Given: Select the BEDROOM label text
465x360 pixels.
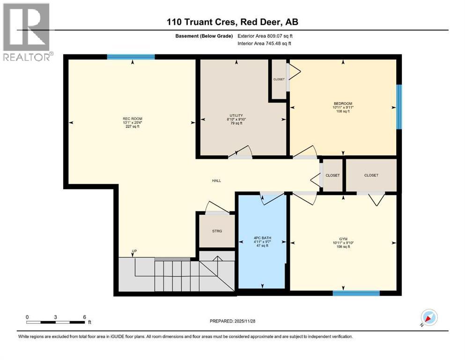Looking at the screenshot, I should pos(343,104).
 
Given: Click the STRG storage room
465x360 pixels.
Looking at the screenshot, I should pos(216,231).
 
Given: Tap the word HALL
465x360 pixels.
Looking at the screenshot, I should pos(216,180).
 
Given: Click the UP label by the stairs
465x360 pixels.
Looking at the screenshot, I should pos(134,252).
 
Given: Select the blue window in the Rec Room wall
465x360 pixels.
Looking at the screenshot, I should pos(131,57).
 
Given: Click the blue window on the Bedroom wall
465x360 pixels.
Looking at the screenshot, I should pos(399,107).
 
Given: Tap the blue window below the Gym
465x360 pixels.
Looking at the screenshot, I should pos(356,293).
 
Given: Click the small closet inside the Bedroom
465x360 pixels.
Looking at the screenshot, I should pos(279,79).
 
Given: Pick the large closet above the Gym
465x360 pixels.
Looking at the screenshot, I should pos(371,175).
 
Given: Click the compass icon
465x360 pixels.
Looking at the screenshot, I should pos(428,318).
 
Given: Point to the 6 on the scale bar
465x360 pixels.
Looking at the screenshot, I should pos(84,317).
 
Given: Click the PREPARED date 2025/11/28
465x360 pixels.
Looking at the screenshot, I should pos(232,321).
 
